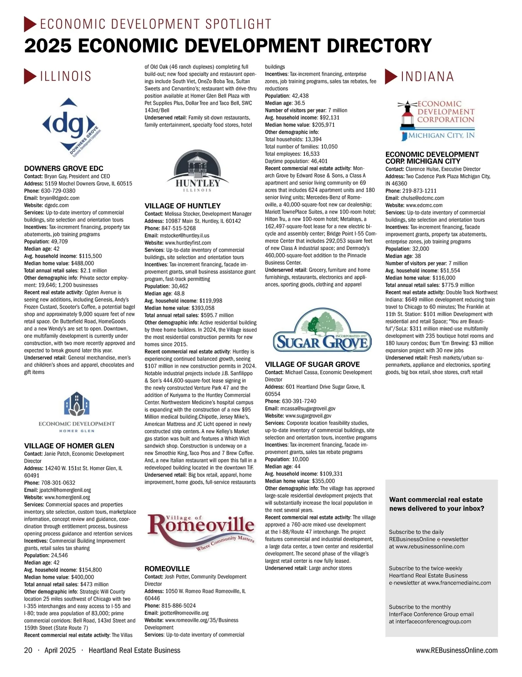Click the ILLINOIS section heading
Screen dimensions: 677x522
coord(65,77)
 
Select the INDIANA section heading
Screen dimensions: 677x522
coord(427,77)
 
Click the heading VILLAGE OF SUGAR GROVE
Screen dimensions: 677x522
coord(312,364)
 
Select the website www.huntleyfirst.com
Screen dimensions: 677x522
coord(188,243)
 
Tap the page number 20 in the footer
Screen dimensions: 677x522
coord(28,650)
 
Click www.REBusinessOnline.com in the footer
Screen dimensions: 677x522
coord(456,650)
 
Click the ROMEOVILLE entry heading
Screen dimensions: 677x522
coord(167,569)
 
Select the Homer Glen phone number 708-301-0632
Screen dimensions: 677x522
coord(60,483)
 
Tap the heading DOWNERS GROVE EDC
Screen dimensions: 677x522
coord(64,168)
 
